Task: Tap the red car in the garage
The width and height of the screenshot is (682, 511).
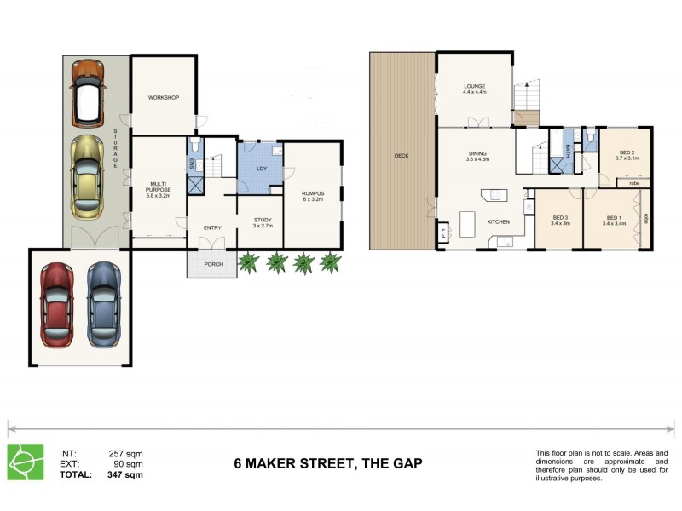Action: point(57,304)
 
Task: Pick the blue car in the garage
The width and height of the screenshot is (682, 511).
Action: point(104,304)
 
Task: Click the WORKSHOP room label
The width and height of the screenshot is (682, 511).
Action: point(163,98)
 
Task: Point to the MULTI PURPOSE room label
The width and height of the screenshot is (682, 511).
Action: point(158,188)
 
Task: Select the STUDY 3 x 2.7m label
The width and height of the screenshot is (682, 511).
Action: point(262,223)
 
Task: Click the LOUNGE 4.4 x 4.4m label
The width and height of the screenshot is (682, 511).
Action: point(474,89)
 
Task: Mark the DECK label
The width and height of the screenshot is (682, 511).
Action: point(401,156)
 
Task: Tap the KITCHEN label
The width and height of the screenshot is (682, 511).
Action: point(498,221)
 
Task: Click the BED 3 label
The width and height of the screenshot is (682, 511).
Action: point(559,220)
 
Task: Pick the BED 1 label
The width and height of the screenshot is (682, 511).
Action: point(614,220)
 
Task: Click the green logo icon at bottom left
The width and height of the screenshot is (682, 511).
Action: point(26,462)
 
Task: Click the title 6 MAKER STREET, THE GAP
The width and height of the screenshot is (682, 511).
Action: point(327,464)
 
